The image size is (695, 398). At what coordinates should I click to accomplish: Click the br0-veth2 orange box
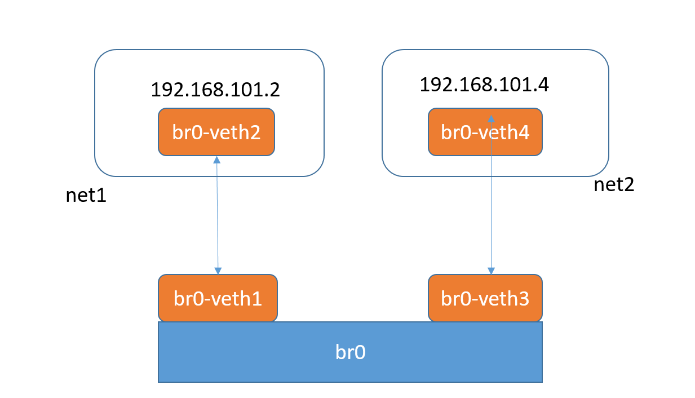pyautogui.click(x=216, y=132)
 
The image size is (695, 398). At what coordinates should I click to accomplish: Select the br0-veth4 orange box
pyautogui.click(x=485, y=132)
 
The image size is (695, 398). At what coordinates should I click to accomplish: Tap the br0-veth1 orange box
pyautogui.click(x=218, y=298)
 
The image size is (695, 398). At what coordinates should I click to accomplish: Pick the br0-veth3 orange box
pyautogui.click(x=485, y=298)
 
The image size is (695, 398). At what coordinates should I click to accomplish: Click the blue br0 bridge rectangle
pyautogui.click(x=350, y=352)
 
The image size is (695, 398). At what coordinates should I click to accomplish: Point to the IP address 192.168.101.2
pyautogui.click(x=215, y=90)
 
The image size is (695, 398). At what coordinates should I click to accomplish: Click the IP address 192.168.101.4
pyautogui.click(x=484, y=85)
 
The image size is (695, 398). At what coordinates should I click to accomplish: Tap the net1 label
pyautogui.click(x=86, y=196)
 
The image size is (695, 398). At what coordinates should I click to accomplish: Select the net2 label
pyautogui.click(x=614, y=185)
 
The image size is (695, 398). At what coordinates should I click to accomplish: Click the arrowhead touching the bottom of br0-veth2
pyautogui.click(x=217, y=160)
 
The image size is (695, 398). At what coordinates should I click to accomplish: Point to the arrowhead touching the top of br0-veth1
pyautogui.click(x=218, y=271)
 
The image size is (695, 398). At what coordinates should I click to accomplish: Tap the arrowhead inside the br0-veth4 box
pyautogui.click(x=491, y=119)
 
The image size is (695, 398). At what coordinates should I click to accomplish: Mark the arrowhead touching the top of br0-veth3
pyautogui.click(x=491, y=271)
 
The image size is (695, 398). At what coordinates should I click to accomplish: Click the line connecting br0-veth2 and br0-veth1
pyautogui.click(x=218, y=215)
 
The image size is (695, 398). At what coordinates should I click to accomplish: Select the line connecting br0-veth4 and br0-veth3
pyautogui.click(x=491, y=195)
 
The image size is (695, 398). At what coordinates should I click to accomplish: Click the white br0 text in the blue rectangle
pyautogui.click(x=351, y=352)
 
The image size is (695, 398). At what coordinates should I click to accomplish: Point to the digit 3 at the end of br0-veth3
pyautogui.click(x=524, y=299)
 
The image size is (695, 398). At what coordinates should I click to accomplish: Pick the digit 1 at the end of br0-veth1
pyautogui.click(x=256, y=299)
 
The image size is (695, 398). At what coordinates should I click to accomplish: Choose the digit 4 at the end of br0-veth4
pyautogui.click(x=524, y=133)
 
